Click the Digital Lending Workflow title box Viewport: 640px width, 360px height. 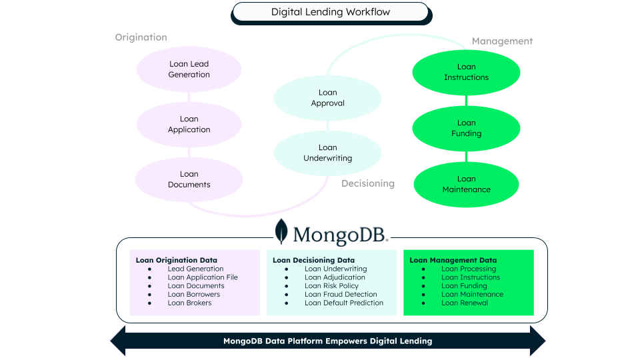pos(330,12)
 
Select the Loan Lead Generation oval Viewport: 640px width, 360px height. pos(189,69)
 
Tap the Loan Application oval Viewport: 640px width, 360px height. pos(189,125)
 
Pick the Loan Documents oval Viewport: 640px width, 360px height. pos(189,179)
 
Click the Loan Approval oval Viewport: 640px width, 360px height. pos(327,98)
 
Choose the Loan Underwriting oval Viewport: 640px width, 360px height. pos(327,153)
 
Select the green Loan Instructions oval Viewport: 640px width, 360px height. pos(466,72)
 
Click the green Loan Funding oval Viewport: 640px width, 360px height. pos(466,128)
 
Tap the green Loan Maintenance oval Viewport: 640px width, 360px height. pos(466,184)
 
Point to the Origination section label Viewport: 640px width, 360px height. pos(141,37)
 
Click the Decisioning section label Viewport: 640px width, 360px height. pos(368,183)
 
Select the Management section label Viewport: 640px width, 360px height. pos(502,41)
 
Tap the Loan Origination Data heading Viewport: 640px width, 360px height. pos(177,260)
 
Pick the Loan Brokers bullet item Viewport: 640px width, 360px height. pos(189,303)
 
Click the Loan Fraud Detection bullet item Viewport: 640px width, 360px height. pos(341,294)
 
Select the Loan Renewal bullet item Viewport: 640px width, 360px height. pos(465,303)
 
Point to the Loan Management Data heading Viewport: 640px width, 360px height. pos(453,260)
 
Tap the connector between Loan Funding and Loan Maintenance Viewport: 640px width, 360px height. pos(466,157)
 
